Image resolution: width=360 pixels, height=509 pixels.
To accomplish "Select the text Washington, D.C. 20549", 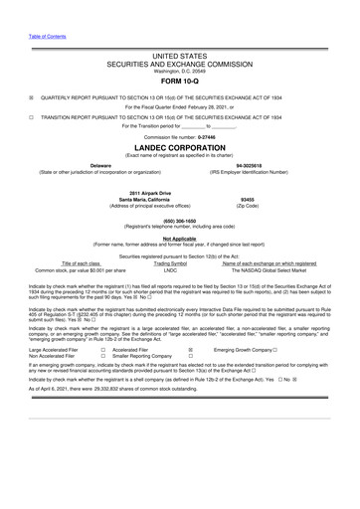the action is pos(179,72).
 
